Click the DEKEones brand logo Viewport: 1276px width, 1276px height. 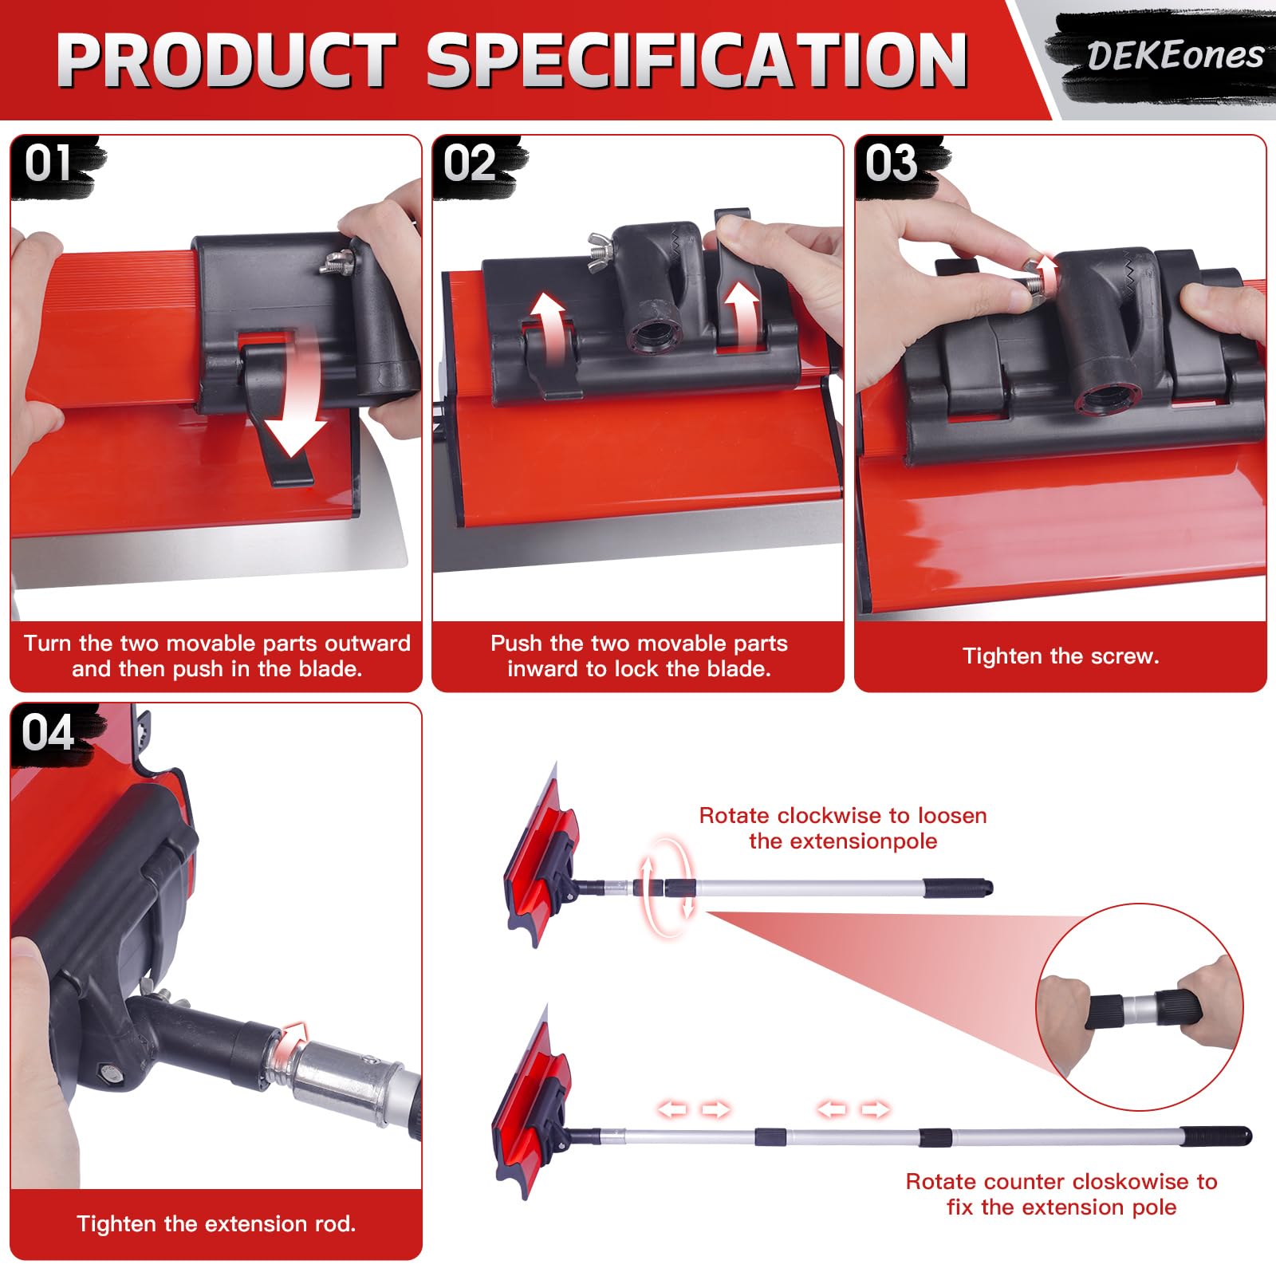(1176, 56)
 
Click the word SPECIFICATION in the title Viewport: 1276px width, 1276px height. (697, 61)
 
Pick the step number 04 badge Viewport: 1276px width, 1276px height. (48, 732)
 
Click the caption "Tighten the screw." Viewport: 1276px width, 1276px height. (1061, 656)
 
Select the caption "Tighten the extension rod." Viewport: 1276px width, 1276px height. (216, 1224)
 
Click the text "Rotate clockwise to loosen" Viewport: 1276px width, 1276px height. (843, 815)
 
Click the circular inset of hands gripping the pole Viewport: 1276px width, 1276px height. (1139, 1006)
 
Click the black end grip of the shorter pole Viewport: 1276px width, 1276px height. (958, 887)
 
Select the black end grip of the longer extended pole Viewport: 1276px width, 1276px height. (1215, 1136)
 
